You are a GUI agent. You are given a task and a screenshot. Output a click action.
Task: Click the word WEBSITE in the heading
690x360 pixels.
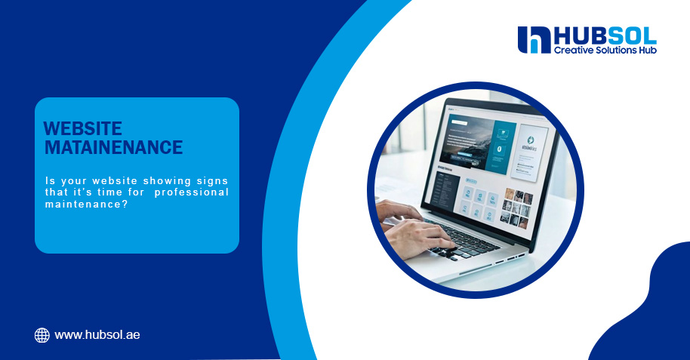[x=83, y=129]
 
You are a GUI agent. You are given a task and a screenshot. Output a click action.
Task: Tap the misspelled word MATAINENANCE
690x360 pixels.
[x=113, y=147]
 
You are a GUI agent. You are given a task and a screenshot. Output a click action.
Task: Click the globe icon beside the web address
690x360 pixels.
[x=42, y=335]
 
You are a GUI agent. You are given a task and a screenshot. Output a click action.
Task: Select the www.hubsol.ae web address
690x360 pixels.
[x=97, y=335]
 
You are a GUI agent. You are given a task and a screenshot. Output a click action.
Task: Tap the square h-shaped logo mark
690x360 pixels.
[x=534, y=40]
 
